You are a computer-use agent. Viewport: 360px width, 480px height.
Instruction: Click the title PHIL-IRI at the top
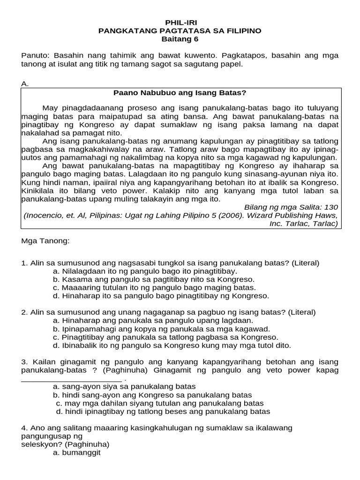point(180,22)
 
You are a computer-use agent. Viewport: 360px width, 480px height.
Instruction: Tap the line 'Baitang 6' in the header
point(180,39)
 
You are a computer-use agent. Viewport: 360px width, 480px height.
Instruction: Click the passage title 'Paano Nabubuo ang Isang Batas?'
point(180,93)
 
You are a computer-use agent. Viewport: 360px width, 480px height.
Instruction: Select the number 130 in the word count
point(331,207)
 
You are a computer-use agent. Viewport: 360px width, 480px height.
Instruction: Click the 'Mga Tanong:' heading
point(45,241)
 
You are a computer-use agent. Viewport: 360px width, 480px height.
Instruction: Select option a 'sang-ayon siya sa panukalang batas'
point(124,387)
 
